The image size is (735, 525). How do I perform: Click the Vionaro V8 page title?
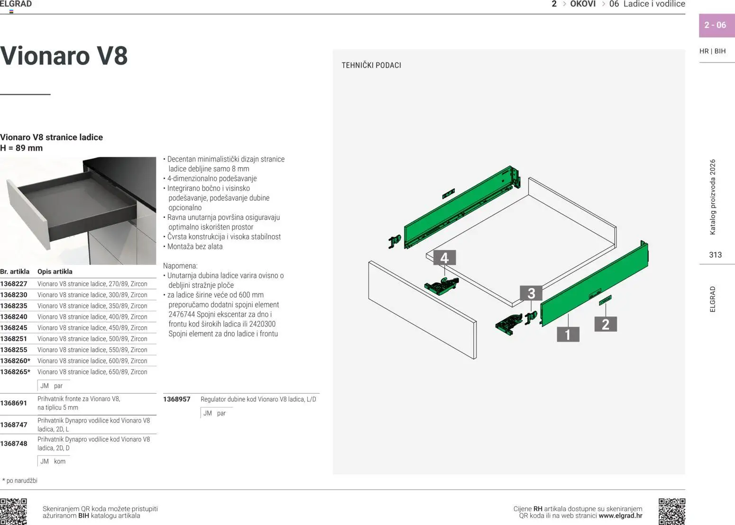64,56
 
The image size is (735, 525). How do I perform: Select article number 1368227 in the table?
14,284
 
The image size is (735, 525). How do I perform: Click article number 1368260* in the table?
15,361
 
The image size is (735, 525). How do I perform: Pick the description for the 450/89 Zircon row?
92,328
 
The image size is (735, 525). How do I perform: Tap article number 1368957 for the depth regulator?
176,399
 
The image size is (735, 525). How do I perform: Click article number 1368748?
14,444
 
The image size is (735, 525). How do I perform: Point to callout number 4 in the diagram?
444,258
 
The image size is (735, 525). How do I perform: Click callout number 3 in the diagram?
531,293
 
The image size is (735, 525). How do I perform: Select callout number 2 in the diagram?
605,324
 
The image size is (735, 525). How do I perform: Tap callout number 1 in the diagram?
568,335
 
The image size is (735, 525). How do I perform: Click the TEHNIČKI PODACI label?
371,65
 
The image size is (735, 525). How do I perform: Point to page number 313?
715,255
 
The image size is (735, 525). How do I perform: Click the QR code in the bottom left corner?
13,511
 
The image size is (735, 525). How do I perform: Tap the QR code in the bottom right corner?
671,511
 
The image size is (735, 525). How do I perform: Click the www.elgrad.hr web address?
620,516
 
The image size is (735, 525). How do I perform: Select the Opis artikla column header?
55,272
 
